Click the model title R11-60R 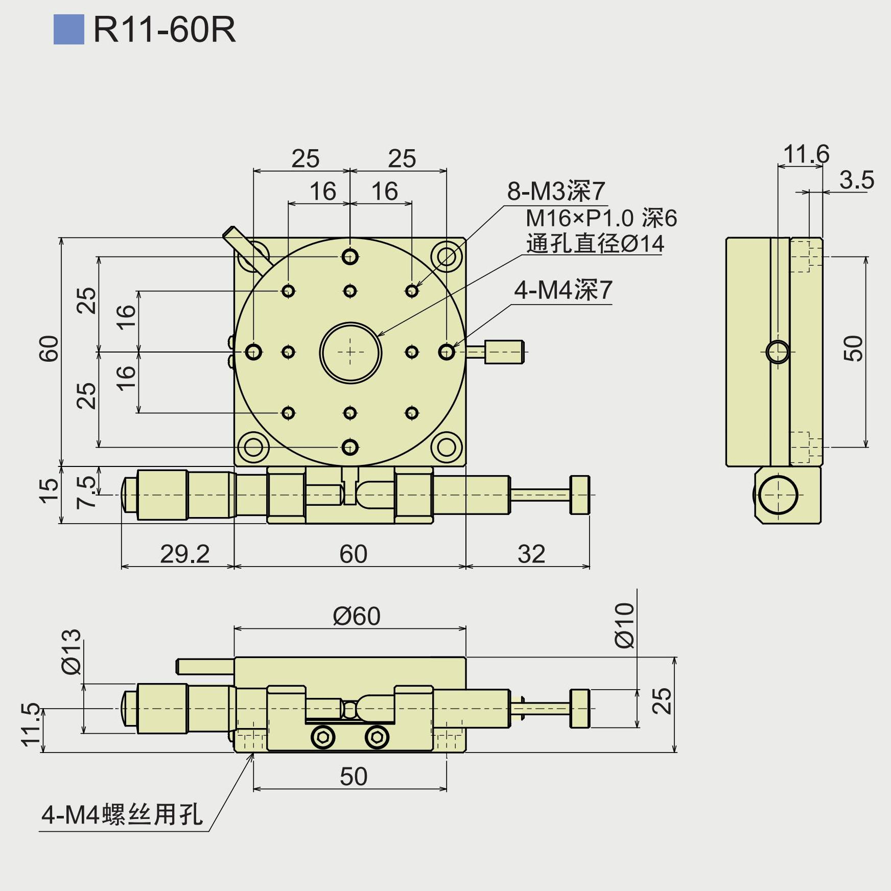(165, 30)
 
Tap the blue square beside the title (68, 30)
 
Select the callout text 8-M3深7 (556, 192)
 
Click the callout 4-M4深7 (563, 290)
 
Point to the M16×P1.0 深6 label (601, 219)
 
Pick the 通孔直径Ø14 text (595, 244)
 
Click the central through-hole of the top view (350, 353)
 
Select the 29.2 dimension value (184, 554)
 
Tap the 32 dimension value (531, 554)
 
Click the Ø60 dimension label (357, 616)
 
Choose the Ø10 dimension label (624, 625)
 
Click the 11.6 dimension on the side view (806, 154)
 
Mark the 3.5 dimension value (857, 180)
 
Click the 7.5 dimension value (86, 492)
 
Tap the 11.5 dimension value (31, 724)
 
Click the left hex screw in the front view (323, 737)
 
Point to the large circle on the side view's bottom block (778, 495)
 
